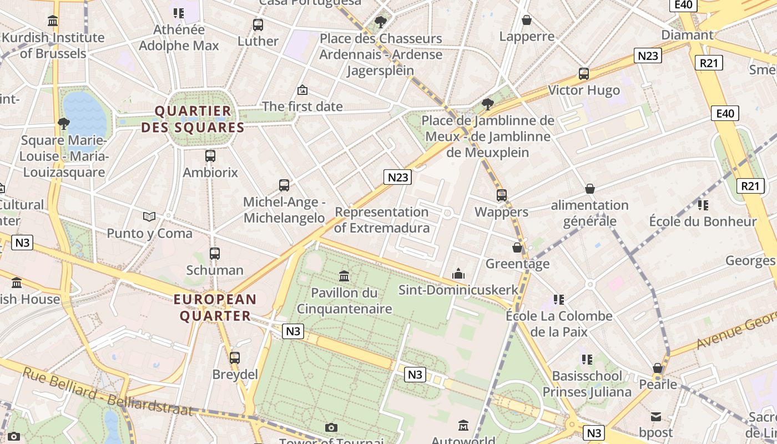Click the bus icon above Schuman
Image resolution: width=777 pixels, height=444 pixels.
pos(215,254)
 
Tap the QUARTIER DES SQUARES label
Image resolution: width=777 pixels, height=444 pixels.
pos(193,119)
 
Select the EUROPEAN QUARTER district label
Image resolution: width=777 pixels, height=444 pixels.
pos(215,308)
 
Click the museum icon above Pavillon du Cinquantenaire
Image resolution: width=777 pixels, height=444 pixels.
pos(344,276)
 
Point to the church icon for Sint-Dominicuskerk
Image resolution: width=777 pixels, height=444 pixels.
pos(458,273)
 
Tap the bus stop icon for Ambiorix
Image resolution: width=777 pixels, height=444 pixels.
pos(210,156)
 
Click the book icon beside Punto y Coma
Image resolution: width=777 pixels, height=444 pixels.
pos(149,216)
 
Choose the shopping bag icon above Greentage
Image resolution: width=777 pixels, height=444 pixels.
pos(517,248)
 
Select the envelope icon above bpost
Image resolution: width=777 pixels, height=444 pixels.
pos(656,416)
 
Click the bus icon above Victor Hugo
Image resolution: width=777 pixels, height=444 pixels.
pos(584,74)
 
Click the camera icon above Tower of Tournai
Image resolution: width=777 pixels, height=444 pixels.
pos(331,427)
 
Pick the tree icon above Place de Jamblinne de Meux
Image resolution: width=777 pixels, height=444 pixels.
pos(488,104)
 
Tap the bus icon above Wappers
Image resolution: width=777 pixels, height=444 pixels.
pos(502,195)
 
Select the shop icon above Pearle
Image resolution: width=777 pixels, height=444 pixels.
pos(658,368)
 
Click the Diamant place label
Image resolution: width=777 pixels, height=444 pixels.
pos(687,35)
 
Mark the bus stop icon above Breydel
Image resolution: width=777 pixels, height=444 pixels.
pos(235,358)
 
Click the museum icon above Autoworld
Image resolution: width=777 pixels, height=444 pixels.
pos(463,426)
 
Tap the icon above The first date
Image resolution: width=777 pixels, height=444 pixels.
pos(302,89)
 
